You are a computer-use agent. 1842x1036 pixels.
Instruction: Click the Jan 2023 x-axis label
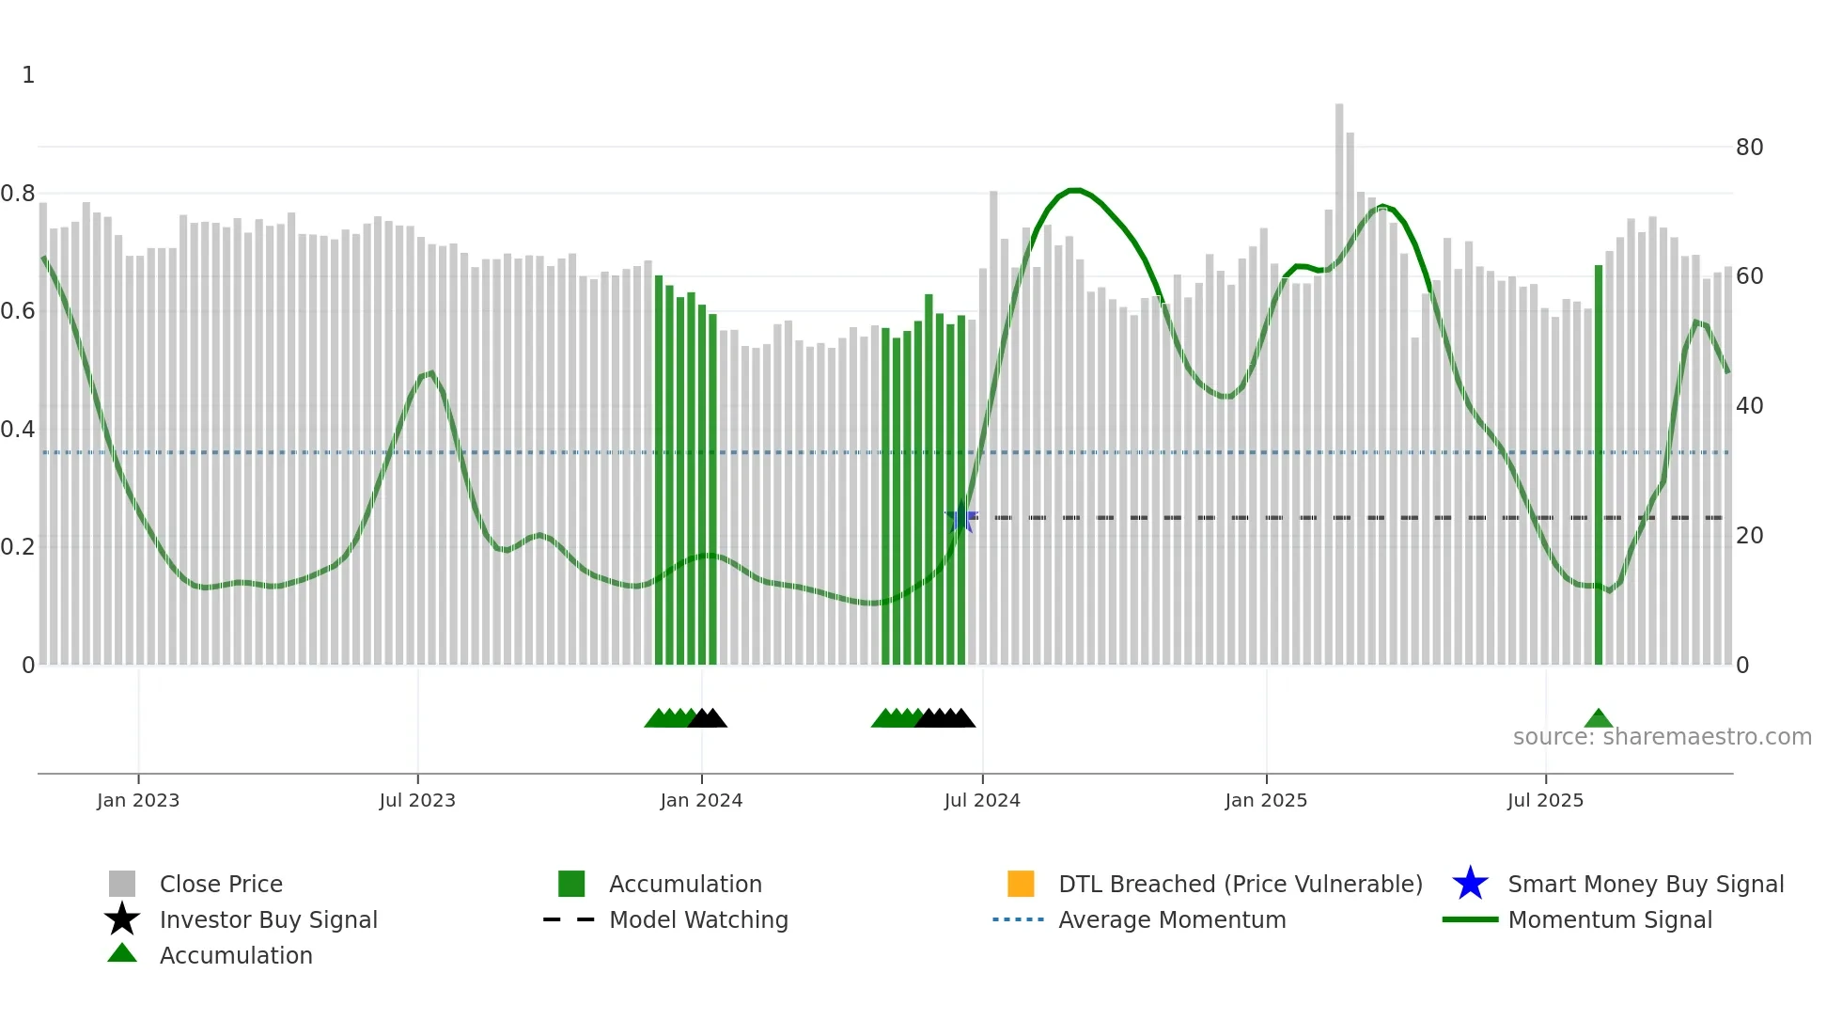click(138, 800)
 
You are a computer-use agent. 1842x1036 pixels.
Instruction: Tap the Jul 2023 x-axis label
click(417, 800)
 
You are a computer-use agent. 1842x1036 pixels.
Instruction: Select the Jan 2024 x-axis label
click(701, 800)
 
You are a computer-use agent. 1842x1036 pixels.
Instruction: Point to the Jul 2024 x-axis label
click(982, 800)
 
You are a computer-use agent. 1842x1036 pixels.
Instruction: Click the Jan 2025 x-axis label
click(1266, 800)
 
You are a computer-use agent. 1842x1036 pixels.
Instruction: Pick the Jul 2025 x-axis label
click(1545, 800)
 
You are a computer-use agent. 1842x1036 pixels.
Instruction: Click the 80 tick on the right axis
click(1749, 148)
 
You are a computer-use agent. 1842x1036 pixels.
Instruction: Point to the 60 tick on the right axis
click(1749, 276)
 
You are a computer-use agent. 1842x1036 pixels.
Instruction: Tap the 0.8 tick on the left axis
click(18, 194)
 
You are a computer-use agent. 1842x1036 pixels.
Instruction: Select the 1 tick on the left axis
click(28, 75)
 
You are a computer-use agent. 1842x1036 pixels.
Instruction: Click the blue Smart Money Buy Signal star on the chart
click(960, 518)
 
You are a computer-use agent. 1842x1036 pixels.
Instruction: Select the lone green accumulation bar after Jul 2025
click(1599, 470)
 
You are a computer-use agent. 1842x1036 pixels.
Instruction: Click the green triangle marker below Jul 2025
click(1599, 719)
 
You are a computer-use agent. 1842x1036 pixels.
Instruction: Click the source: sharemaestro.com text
click(1662, 737)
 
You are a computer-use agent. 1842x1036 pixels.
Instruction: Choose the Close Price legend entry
click(221, 885)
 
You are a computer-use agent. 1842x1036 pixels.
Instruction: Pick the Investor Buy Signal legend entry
click(268, 920)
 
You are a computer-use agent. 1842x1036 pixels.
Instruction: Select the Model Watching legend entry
click(698, 920)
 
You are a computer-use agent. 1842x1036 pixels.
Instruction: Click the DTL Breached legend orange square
click(1021, 884)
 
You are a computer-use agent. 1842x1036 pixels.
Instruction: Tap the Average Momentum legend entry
click(1172, 920)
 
